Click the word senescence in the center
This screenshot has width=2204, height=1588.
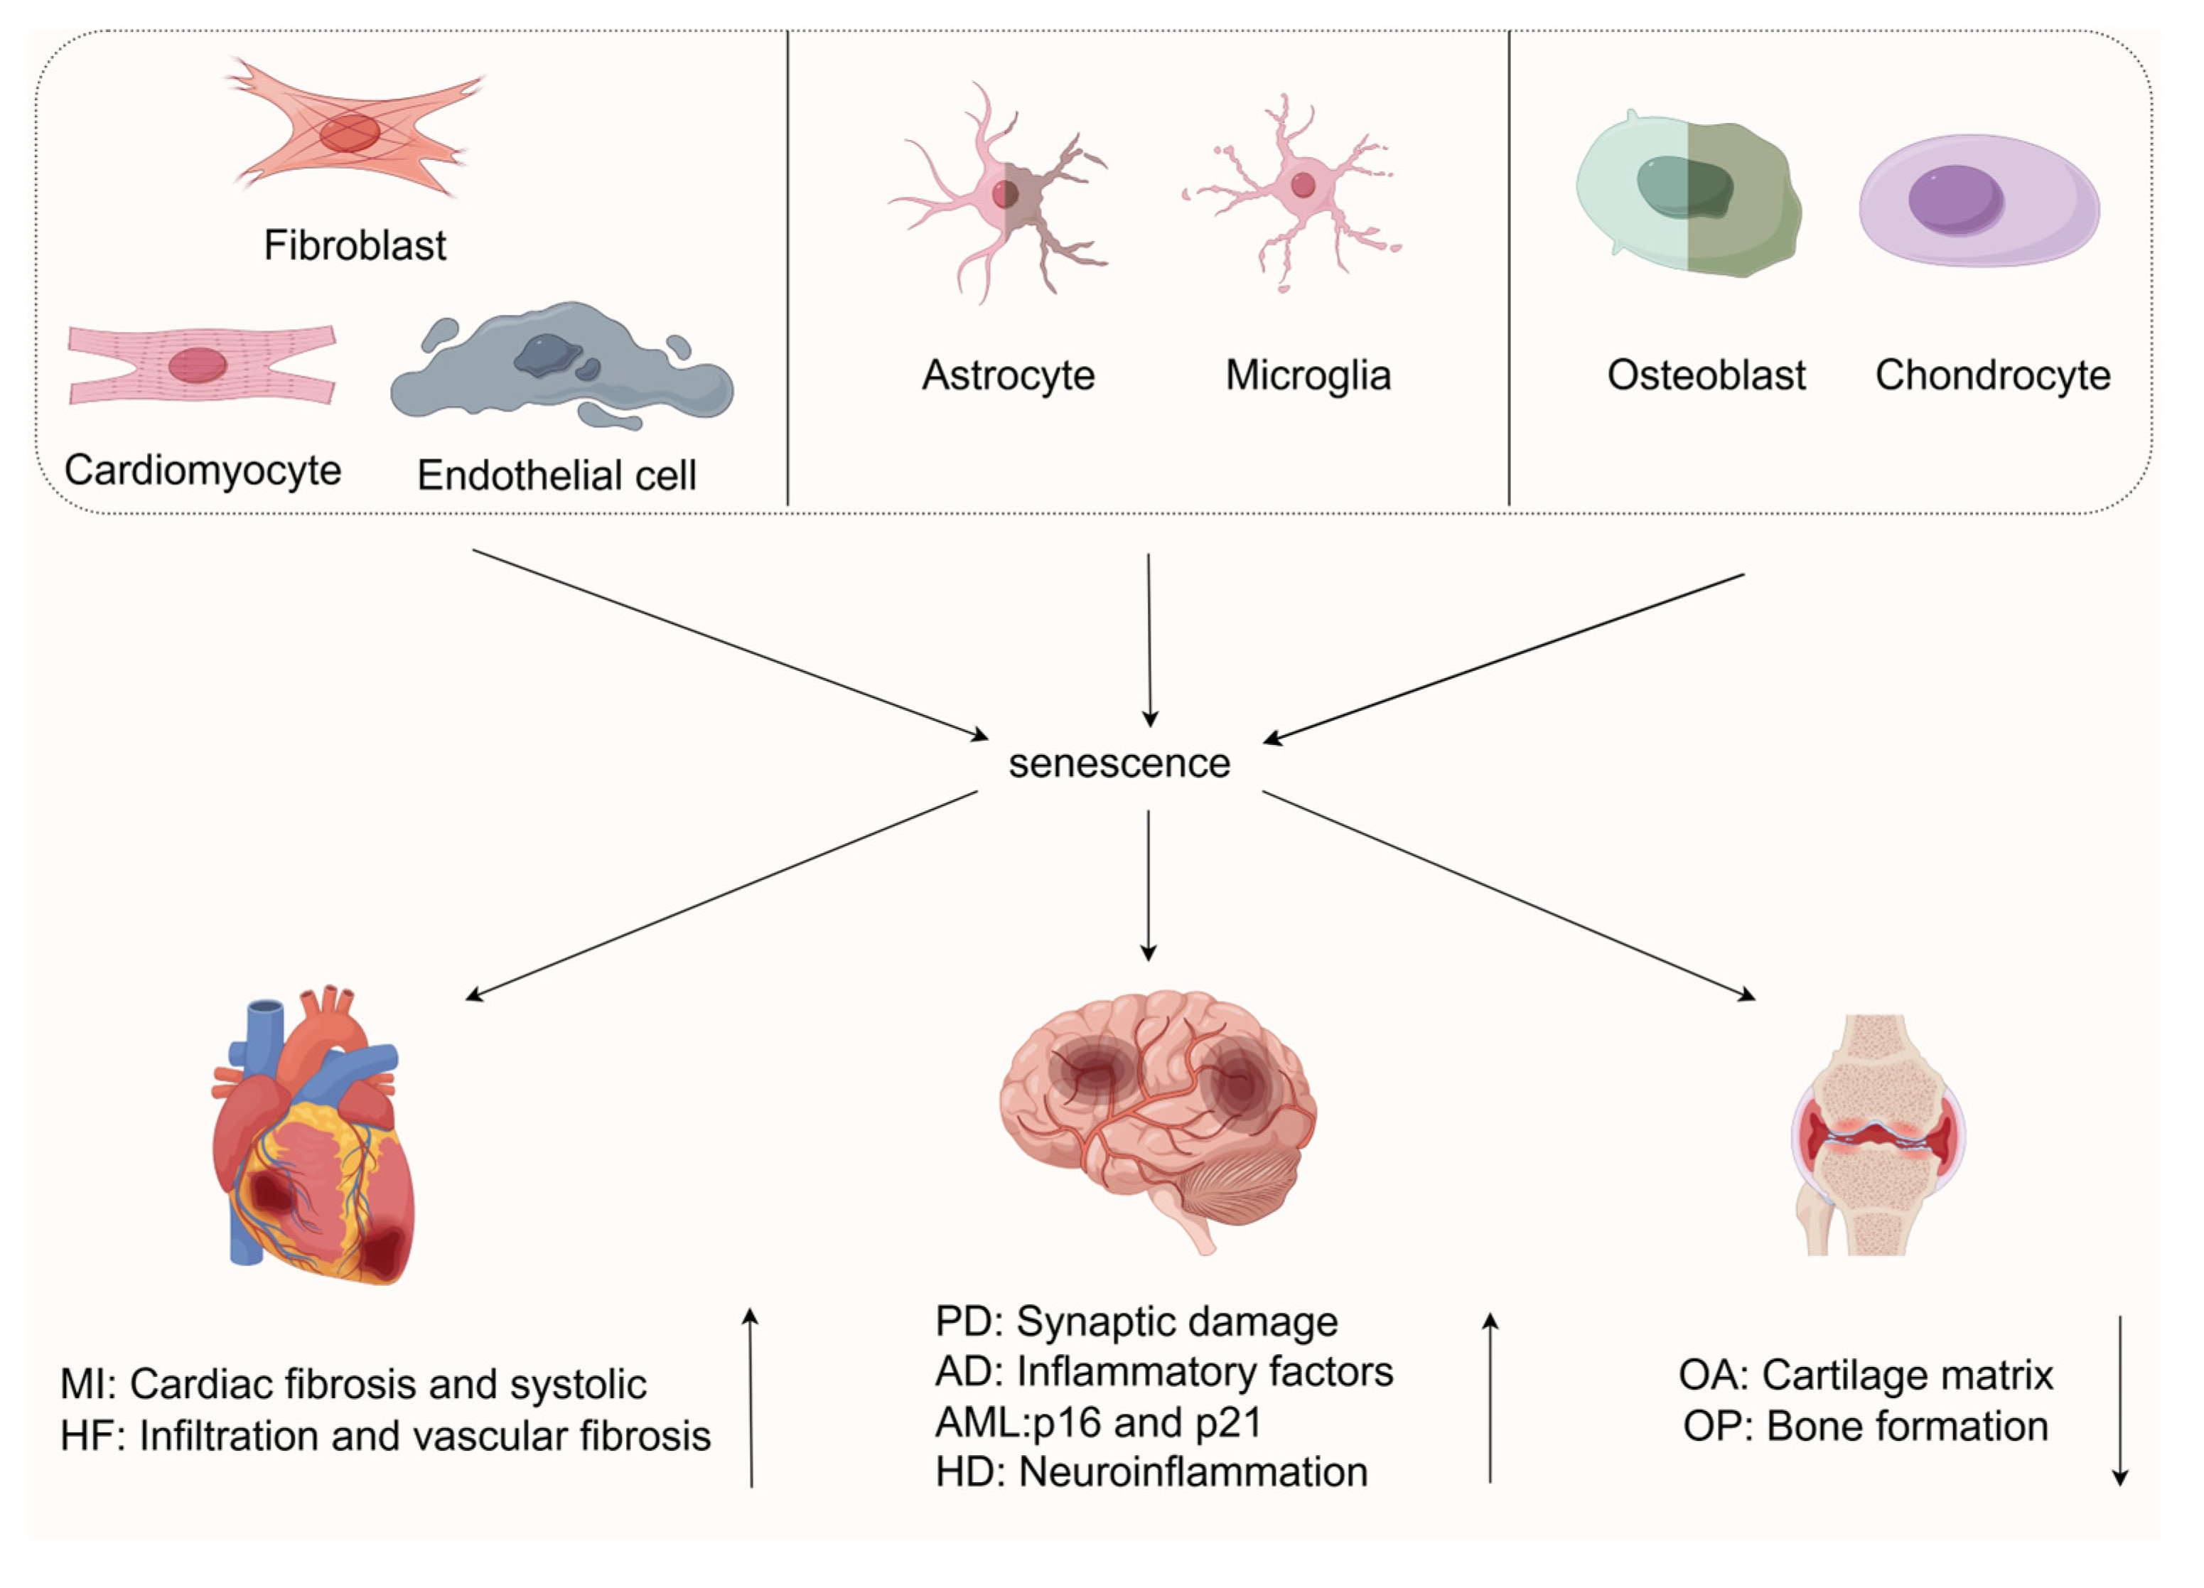click(x=1119, y=764)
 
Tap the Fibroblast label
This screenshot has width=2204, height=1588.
click(x=355, y=245)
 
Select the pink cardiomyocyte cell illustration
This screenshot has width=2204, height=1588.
click(x=201, y=365)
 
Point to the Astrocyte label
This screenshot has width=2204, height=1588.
click(x=1008, y=375)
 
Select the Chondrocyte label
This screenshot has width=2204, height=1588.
click(x=1992, y=375)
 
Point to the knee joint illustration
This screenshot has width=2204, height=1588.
click(x=1876, y=1137)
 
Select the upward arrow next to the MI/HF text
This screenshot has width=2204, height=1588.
click(x=751, y=1400)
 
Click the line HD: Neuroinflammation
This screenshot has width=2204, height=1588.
click(x=1151, y=1472)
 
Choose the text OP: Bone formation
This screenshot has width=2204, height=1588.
click(x=1866, y=1427)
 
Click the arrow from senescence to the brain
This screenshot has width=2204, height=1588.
click(x=1148, y=884)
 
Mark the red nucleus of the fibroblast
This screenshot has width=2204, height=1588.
click(x=350, y=133)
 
